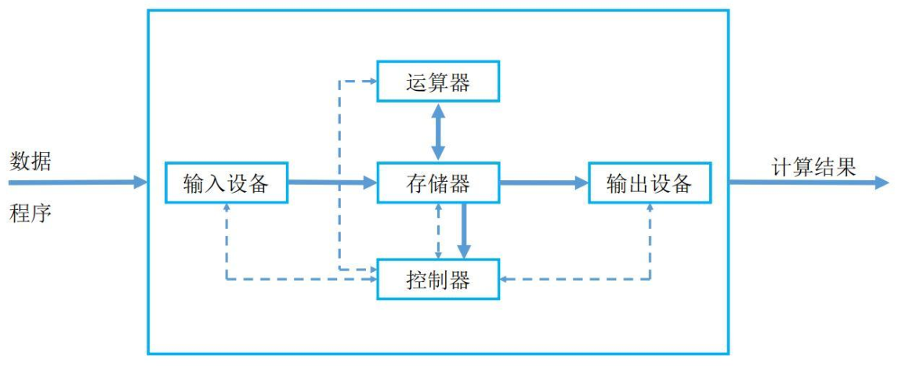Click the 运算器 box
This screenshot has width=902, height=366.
tap(438, 82)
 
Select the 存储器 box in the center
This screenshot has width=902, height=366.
tap(438, 183)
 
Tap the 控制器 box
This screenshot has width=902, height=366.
tap(438, 279)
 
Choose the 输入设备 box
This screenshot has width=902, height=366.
tap(226, 183)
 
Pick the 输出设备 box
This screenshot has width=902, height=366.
tap(650, 183)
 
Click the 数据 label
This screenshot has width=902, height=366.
tap(31, 162)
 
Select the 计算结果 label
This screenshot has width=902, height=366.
tap(813, 166)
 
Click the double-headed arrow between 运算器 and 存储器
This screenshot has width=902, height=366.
tap(438, 132)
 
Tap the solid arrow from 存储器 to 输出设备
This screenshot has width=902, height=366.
tap(544, 183)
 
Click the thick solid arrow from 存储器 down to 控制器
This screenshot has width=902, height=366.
tap(464, 230)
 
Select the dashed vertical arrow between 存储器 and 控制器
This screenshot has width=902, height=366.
tap(439, 230)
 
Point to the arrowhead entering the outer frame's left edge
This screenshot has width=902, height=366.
tap(140, 183)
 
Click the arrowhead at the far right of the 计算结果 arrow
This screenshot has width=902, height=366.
tap(882, 183)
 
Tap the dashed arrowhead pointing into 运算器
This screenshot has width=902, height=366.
tap(371, 81)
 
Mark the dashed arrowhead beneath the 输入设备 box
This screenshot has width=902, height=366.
tap(226, 208)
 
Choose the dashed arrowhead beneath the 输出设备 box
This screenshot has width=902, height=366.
tap(650, 208)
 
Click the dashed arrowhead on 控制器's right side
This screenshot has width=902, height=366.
tap(505, 278)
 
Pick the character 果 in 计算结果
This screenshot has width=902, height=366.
tap(846, 166)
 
